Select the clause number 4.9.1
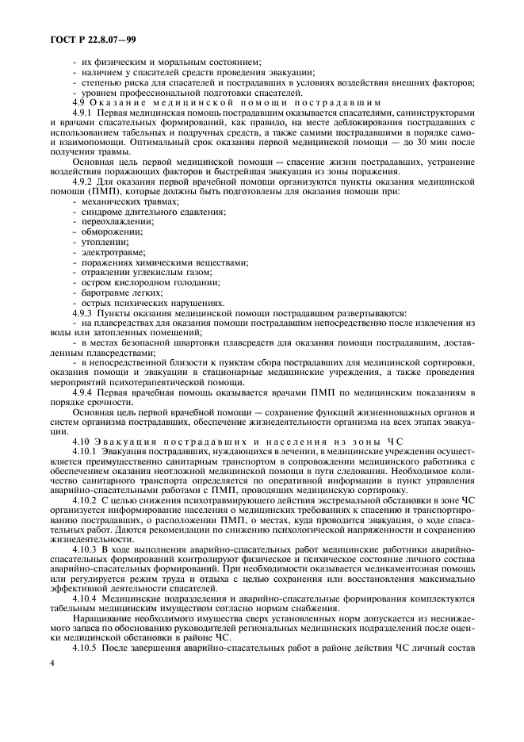coord(83,113)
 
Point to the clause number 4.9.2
coord(83,182)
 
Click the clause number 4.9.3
coord(83,313)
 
